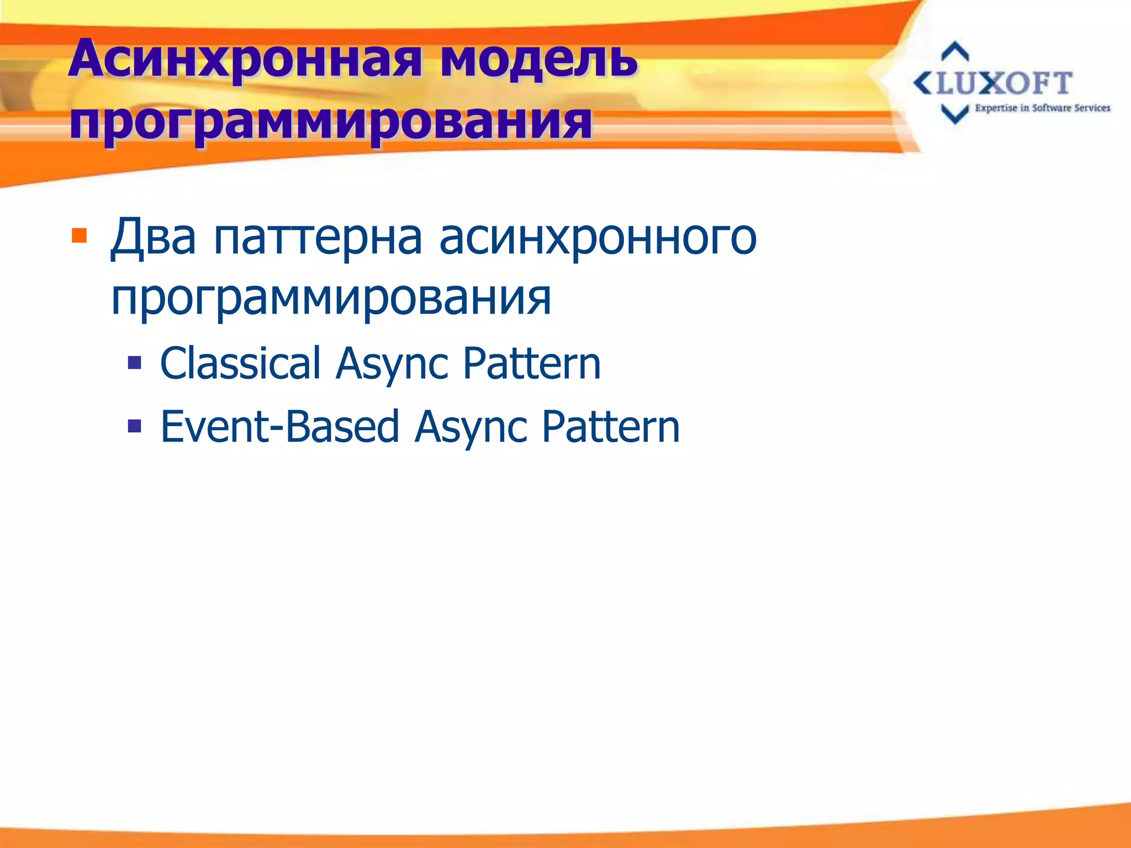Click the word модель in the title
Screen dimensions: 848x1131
(x=538, y=59)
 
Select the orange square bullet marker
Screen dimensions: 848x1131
(x=80, y=236)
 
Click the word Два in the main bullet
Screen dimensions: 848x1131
(x=153, y=237)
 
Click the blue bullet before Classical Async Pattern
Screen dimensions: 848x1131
(x=134, y=363)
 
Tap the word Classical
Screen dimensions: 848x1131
(x=240, y=363)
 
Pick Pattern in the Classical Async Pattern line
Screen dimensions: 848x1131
(x=531, y=363)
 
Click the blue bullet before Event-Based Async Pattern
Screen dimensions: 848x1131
(x=134, y=426)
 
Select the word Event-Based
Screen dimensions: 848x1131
(x=279, y=427)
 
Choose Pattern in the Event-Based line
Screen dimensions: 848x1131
(x=610, y=427)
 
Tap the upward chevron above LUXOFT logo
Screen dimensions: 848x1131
(x=955, y=51)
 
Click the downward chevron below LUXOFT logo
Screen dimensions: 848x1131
(x=955, y=114)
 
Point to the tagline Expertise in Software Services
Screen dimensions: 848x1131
(x=1042, y=108)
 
